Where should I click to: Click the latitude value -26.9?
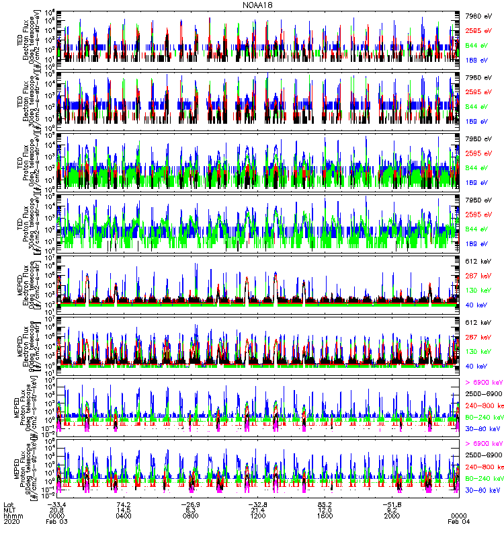click(190, 505)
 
